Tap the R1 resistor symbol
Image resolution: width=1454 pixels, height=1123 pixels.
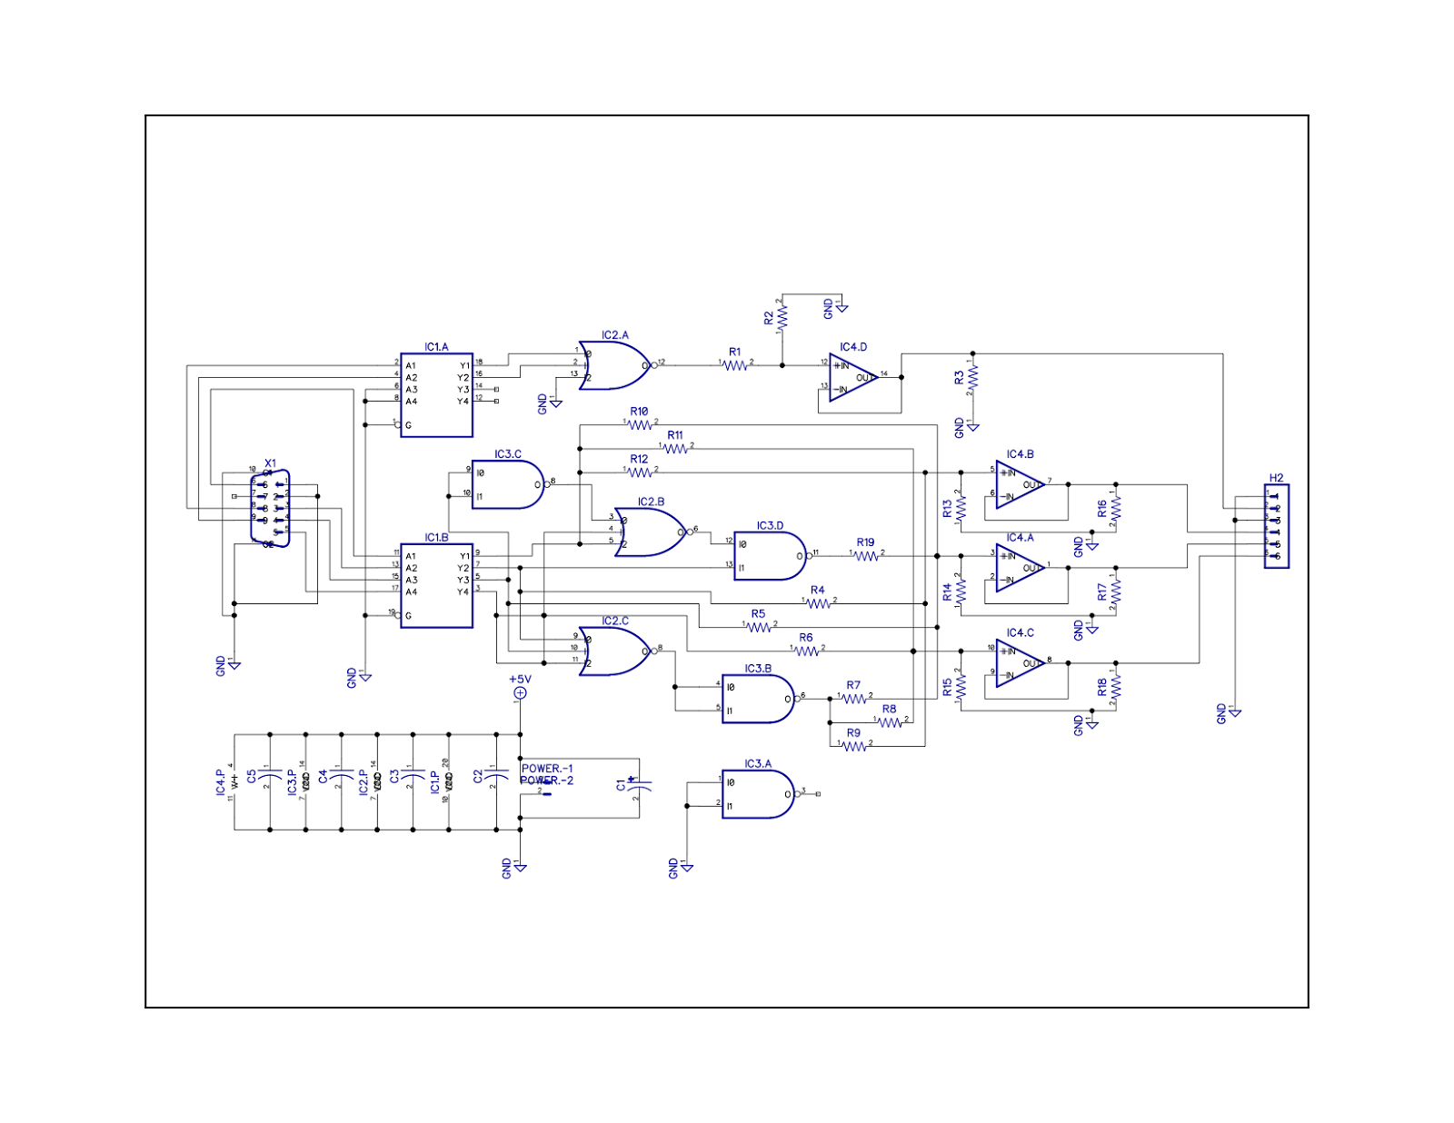coord(735,365)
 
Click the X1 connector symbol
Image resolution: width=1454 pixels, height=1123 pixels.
coord(270,508)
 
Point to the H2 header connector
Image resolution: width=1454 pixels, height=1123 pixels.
coord(1276,527)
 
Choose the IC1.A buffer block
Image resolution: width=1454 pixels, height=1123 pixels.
coord(436,395)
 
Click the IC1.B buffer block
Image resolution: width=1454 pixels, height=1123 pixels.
coord(436,585)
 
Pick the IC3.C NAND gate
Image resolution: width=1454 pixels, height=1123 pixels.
coord(507,484)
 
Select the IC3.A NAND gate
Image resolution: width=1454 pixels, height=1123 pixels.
coord(757,794)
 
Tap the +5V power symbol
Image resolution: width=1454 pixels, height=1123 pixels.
coord(520,693)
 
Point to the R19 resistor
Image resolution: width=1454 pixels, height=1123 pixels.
coord(866,555)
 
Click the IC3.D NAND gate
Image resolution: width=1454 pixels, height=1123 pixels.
coord(769,555)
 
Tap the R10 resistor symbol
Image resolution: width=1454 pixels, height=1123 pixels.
coord(640,424)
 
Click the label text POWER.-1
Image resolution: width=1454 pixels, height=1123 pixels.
coord(547,769)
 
